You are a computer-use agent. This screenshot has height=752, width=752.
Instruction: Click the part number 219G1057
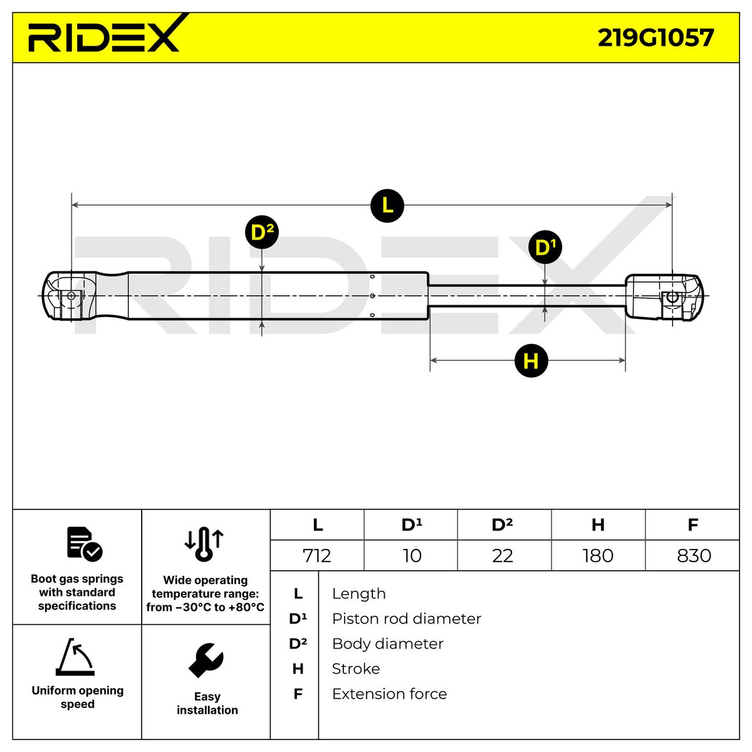(x=655, y=38)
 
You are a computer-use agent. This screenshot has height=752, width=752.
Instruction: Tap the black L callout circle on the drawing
(x=387, y=205)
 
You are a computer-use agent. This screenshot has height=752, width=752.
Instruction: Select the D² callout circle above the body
(x=261, y=233)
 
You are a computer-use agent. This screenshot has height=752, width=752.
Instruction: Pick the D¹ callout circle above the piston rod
(x=545, y=248)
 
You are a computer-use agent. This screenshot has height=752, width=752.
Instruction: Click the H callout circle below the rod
(x=530, y=361)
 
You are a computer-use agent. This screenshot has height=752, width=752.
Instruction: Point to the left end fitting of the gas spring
(x=69, y=296)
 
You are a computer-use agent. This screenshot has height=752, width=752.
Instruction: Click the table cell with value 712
(x=317, y=555)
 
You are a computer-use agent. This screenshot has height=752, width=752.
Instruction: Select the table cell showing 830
(x=694, y=555)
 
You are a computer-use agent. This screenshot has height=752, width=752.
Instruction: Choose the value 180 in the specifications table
(x=598, y=555)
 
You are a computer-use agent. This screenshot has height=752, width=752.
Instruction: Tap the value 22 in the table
(x=503, y=555)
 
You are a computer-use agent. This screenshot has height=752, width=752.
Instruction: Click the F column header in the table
(x=692, y=525)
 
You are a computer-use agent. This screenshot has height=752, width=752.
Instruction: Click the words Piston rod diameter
(x=406, y=619)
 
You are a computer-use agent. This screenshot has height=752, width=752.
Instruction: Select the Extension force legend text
(x=389, y=694)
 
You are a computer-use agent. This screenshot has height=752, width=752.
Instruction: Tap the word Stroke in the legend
(x=355, y=669)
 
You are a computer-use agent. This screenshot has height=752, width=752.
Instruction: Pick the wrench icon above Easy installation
(x=206, y=660)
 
